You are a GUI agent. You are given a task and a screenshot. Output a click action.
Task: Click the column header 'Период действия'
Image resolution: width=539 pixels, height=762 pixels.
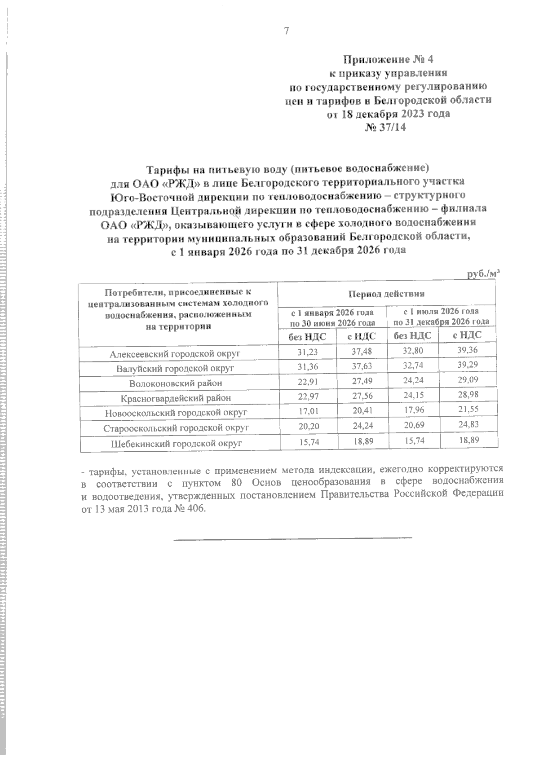tap(386, 294)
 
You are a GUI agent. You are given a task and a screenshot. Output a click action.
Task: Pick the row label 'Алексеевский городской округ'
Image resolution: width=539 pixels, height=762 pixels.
tap(175, 354)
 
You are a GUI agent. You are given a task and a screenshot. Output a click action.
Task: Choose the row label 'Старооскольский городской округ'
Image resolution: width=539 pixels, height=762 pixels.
tap(176, 428)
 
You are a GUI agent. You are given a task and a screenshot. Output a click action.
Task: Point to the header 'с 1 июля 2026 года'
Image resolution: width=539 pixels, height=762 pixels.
tap(441, 311)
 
